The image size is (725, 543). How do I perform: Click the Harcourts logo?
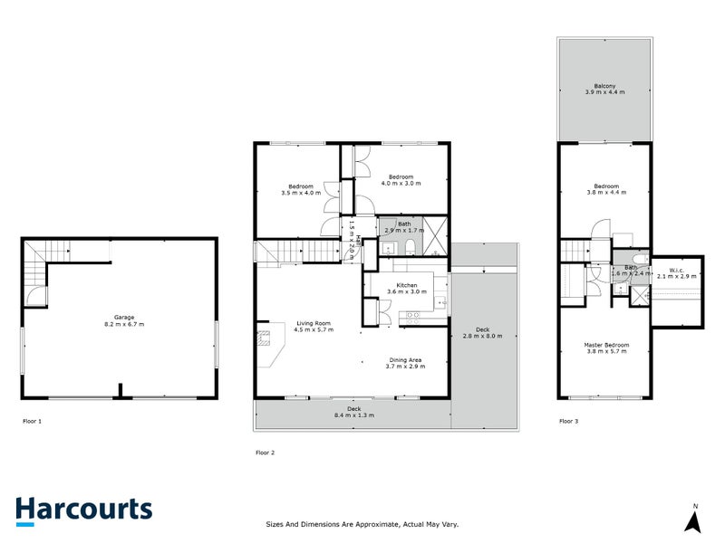coord(83,510)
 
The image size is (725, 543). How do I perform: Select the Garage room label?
coord(124,320)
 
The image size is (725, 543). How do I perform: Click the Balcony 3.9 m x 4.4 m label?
coord(604,90)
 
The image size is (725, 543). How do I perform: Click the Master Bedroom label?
coord(606,348)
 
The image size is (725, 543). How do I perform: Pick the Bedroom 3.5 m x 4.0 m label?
coord(297,189)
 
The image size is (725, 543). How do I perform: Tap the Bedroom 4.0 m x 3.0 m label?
coord(401,180)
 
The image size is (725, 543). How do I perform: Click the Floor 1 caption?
coord(33,421)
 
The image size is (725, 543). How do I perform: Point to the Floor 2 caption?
coord(265,451)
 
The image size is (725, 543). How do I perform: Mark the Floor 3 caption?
coord(569,421)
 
